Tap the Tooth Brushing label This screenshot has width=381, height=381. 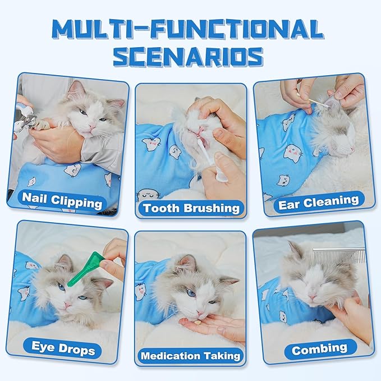(191, 208)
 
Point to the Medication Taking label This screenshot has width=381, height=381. (190, 356)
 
